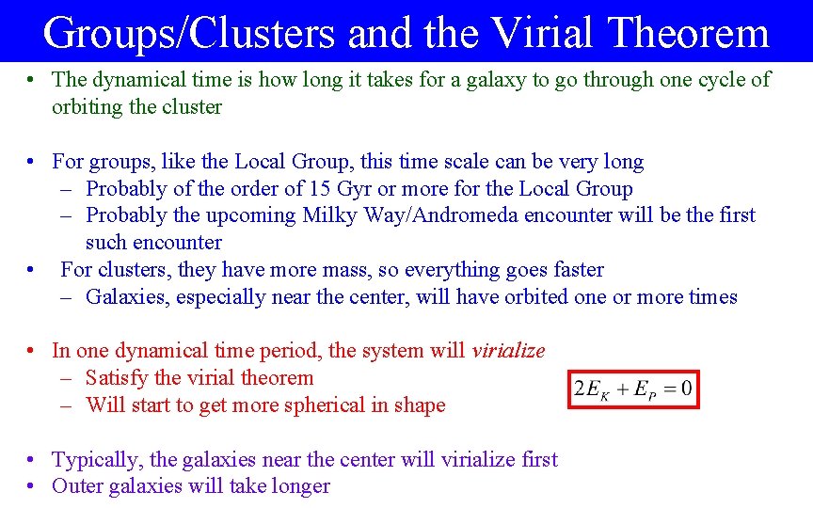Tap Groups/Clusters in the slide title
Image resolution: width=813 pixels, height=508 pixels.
(x=188, y=33)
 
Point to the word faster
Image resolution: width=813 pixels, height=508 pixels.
(x=573, y=270)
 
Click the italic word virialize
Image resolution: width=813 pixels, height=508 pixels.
(x=508, y=351)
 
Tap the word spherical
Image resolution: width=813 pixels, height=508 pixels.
(x=347, y=405)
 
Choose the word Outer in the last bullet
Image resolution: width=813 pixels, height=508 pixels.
(x=78, y=486)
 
